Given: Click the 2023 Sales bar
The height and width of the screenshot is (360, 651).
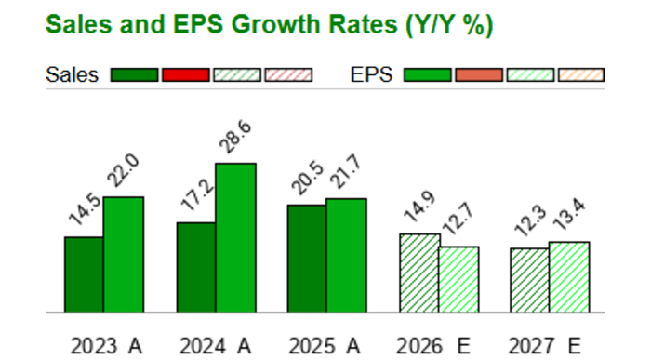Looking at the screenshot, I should click(84, 274).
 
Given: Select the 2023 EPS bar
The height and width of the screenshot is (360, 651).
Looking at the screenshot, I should click(123, 254).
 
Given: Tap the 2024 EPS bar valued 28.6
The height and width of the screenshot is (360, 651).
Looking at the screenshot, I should click(235, 237).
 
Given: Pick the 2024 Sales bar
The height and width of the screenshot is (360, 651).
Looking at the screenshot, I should click(196, 267).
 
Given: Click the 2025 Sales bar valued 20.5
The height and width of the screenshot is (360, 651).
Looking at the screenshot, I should click(306, 258).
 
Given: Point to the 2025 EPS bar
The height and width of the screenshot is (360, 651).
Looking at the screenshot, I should click(346, 255).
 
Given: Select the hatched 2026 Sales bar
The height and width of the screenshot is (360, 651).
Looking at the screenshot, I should click(419, 273).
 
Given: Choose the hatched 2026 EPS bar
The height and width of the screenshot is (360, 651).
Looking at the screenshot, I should click(458, 279).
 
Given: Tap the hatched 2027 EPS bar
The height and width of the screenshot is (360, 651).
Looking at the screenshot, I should click(568, 276).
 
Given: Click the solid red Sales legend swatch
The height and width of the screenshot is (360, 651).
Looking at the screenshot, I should click(185, 75).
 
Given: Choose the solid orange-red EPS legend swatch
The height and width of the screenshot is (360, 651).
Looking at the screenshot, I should click(478, 75).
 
